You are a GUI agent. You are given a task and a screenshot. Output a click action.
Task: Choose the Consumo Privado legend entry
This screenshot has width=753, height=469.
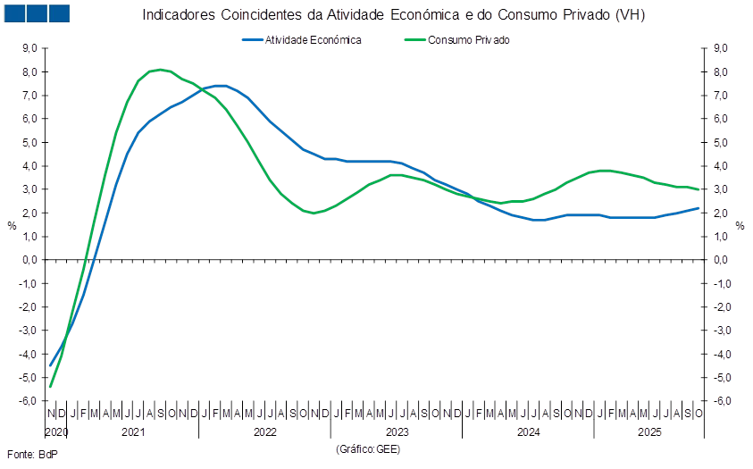point(468,40)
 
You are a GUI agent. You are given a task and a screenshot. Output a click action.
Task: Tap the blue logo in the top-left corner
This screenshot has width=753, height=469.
point(37,13)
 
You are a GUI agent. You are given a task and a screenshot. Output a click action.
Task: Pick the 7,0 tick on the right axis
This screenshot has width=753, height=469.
point(722,96)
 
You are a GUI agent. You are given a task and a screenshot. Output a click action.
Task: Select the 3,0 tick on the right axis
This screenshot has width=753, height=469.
point(722,189)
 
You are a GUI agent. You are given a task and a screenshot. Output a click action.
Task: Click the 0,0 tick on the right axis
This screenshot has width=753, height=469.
point(722,260)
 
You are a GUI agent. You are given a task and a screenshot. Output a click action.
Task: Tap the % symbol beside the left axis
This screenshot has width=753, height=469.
point(12,225)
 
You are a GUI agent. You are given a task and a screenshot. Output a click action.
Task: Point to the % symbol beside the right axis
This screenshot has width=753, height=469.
point(740,225)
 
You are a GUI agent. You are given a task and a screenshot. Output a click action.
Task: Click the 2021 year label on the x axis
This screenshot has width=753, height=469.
point(133,432)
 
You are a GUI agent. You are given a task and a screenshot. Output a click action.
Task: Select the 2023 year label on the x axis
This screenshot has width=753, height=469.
point(397,432)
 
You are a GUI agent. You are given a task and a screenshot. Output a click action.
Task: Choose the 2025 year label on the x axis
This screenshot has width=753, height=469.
point(649,432)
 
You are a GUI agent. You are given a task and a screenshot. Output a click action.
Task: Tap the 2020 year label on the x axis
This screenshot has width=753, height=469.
point(56,432)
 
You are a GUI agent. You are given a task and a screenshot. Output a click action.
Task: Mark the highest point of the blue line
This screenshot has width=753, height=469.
point(221,85)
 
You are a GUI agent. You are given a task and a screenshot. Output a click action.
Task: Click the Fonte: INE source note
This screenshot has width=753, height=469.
point(31,455)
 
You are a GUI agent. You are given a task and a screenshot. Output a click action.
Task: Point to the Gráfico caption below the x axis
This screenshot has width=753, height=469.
point(367,448)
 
